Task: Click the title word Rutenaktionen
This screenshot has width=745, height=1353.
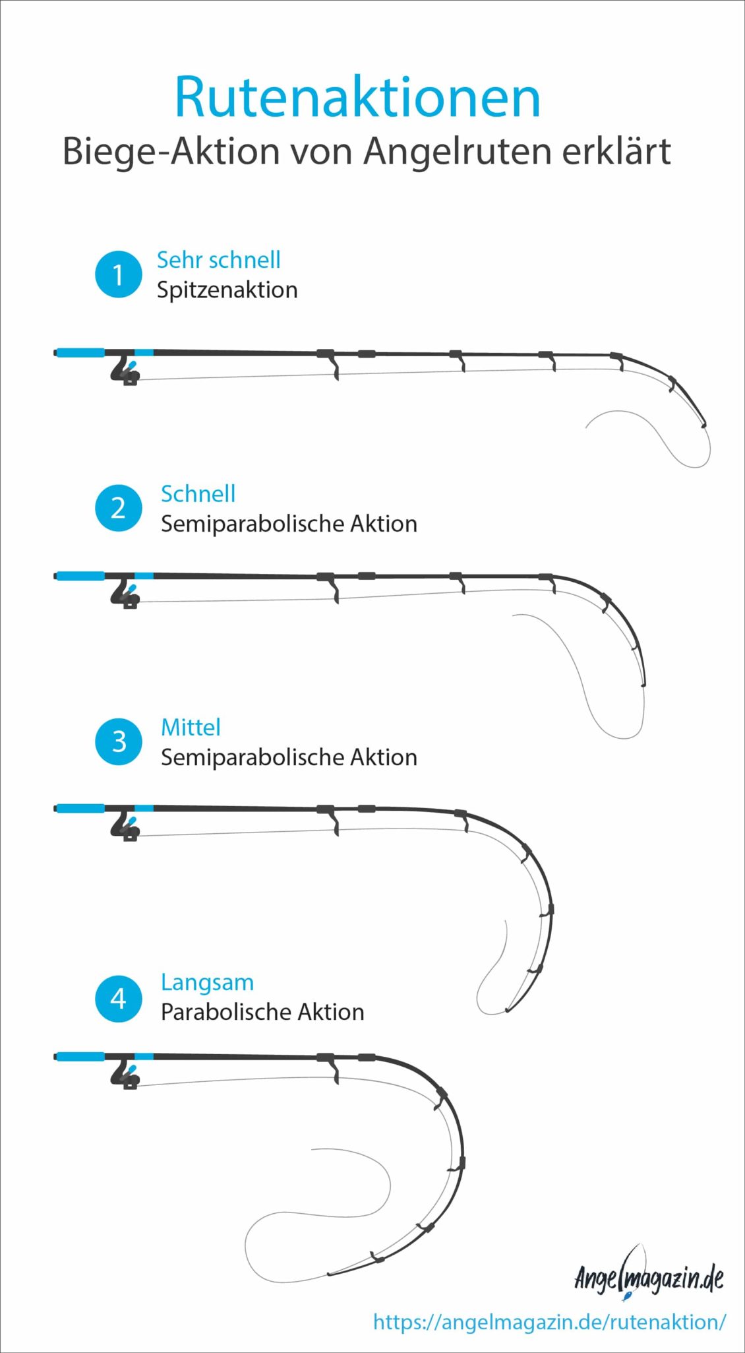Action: click(357, 97)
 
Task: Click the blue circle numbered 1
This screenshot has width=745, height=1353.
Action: click(118, 274)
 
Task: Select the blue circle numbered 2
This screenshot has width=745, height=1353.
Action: click(118, 508)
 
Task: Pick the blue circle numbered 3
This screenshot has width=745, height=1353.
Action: click(118, 741)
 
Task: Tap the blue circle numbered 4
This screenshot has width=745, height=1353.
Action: click(118, 999)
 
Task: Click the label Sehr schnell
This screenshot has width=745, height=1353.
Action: click(218, 260)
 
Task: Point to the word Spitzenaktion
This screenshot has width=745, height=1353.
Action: click(227, 290)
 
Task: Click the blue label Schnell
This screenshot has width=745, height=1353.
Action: click(198, 493)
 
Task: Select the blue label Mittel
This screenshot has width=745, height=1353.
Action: click(191, 727)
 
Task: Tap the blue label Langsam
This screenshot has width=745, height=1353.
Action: click(207, 983)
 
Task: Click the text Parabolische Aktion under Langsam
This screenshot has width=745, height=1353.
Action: click(262, 1012)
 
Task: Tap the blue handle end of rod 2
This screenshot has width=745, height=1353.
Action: click(80, 576)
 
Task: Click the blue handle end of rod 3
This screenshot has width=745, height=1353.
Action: click(80, 808)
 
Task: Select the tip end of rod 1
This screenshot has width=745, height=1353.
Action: click(704, 425)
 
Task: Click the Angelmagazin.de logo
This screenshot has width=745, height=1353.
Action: click(649, 1277)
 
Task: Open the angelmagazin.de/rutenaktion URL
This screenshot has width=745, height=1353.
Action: click(550, 1322)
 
